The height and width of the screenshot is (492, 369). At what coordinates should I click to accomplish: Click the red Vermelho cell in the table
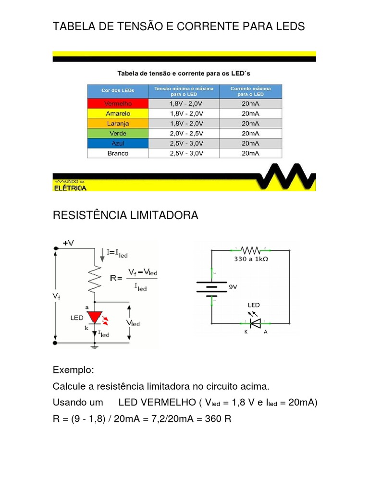click(x=118, y=103)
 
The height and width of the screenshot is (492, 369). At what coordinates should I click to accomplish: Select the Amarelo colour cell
click(x=118, y=113)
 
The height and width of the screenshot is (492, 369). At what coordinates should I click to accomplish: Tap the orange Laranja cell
click(x=118, y=123)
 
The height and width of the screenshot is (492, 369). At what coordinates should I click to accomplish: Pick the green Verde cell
click(x=118, y=133)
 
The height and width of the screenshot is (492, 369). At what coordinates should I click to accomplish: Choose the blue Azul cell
click(x=118, y=143)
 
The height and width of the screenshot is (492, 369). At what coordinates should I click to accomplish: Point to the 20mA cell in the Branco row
click(x=250, y=153)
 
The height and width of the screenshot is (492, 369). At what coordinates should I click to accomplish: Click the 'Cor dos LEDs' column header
click(x=118, y=91)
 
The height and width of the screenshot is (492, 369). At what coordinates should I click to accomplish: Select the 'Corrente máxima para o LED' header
click(x=250, y=91)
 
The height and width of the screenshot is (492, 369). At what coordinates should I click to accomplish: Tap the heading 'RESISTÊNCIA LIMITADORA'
click(x=125, y=215)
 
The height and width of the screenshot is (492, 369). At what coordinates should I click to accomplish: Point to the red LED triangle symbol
click(x=94, y=318)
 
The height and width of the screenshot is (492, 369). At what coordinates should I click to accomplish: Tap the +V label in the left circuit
click(x=68, y=244)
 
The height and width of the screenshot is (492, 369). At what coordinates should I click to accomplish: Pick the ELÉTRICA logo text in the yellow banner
click(x=70, y=188)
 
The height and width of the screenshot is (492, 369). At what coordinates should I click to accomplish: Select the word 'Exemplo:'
click(x=74, y=371)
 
